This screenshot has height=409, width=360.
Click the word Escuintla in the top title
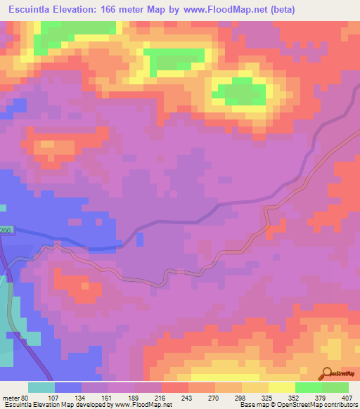click(x=34, y=9)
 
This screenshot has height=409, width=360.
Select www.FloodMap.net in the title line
click(x=224, y=9)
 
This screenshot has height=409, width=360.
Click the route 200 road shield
click(x=6, y=231)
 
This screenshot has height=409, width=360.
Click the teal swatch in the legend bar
click(x=41, y=387)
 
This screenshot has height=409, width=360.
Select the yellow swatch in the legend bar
click(x=282, y=387)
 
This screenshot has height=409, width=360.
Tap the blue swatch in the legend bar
click(x=68, y=387)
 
